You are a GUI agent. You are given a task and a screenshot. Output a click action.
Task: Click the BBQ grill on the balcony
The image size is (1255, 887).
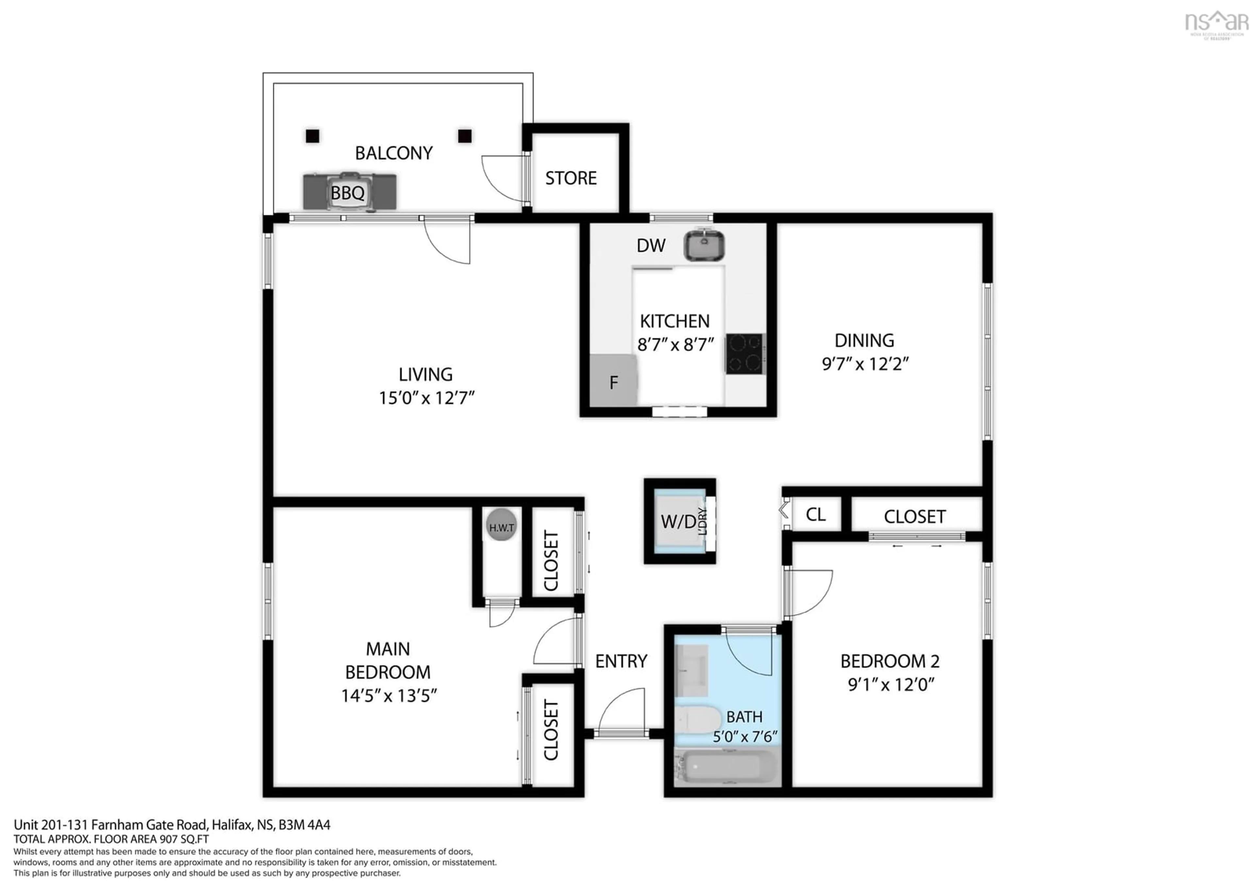tap(350, 191)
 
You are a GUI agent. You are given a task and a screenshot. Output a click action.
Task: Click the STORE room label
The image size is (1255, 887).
tap(571, 178)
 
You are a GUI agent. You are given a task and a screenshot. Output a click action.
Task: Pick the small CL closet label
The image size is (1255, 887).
tap(815, 514)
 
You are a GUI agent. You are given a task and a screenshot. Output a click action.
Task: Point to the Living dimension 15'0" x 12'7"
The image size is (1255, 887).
tap(427, 398)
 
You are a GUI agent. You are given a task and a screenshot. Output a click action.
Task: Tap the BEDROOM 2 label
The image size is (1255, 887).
tap(889, 661)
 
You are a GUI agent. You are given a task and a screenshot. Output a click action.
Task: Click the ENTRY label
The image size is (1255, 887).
tap(621, 661)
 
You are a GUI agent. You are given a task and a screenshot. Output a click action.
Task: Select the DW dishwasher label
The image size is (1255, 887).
tap(650, 246)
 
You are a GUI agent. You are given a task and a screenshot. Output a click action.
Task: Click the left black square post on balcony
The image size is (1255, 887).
tap(312, 136)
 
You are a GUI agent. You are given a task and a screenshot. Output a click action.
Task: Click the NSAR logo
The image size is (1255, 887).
tap(1217, 23)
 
